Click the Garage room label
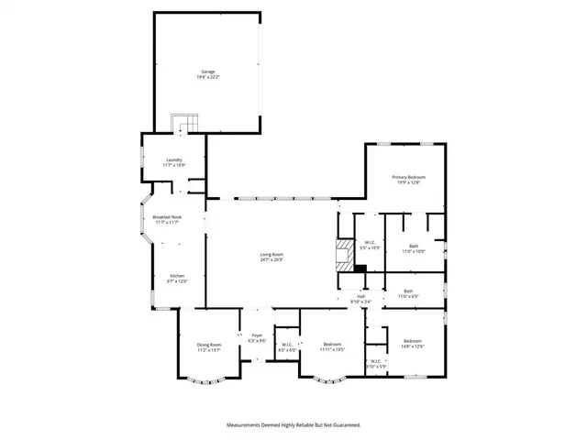(x=209, y=71)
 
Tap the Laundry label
(x=173, y=159)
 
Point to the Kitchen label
(x=176, y=276)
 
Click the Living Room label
(x=271, y=255)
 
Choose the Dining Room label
(x=209, y=344)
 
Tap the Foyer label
(x=258, y=335)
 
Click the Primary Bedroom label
(x=409, y=177)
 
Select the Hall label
(x=361, y=296)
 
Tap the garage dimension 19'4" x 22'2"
(x=209, y=77)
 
